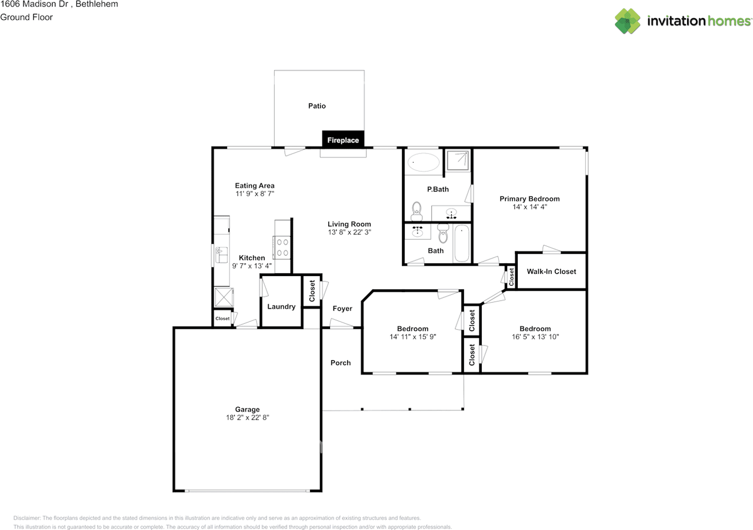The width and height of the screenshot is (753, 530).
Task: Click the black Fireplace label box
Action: click(x=344, y=140)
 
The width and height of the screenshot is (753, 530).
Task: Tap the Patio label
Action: click(x=316, y=106)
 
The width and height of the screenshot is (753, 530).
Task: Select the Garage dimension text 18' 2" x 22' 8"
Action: click(x=247, y=417)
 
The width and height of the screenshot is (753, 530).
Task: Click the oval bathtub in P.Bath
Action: click(x=423, y=162)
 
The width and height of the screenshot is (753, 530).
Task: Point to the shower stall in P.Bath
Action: click(x=457, y=160)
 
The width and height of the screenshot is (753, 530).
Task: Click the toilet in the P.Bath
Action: click(x=417, y=209)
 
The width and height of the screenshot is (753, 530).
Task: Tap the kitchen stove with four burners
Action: click(x=281, y=246)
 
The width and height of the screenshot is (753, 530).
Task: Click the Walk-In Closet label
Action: click(x=551, y=271)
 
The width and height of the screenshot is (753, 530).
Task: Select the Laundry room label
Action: click(x=281, y=307)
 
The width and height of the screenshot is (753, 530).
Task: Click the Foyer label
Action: click(x=342, y=308)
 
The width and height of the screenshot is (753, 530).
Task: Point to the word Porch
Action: click(x=341, y=363)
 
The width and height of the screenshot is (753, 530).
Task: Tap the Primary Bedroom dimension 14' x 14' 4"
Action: click(x=529, y=207)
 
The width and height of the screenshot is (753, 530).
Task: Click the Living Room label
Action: click(x=349, y=224)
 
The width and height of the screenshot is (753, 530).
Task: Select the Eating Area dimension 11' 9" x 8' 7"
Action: click(x=255, y=193)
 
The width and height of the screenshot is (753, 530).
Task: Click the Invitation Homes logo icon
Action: click(x=628, y=21)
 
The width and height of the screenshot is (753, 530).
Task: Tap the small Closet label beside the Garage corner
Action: click(x=222, y=318)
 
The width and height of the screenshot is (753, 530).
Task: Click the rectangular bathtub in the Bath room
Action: click(x=462, y=243)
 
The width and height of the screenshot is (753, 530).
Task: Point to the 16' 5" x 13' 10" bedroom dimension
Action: click(x=535, y=337)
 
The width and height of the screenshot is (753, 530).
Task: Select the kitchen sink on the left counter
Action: click(x=221, y=255)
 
